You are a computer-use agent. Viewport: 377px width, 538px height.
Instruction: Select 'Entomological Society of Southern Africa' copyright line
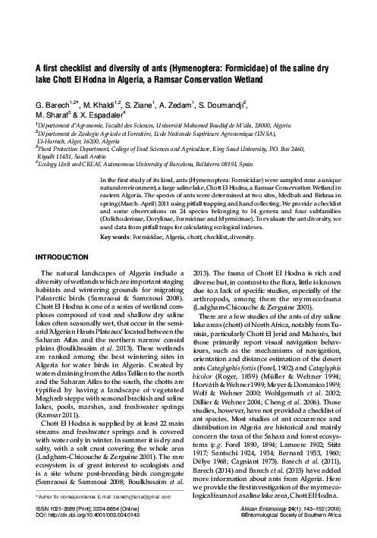click(x=309, y=525)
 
